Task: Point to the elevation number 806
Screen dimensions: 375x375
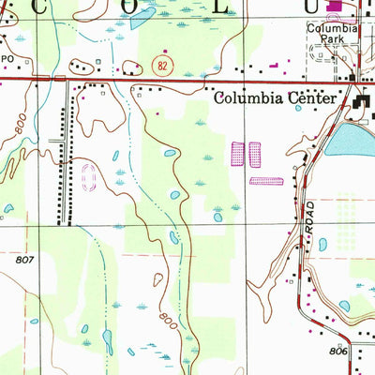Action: click(x=339, y=351)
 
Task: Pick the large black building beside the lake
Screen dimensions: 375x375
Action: click(x=364, y=109)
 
